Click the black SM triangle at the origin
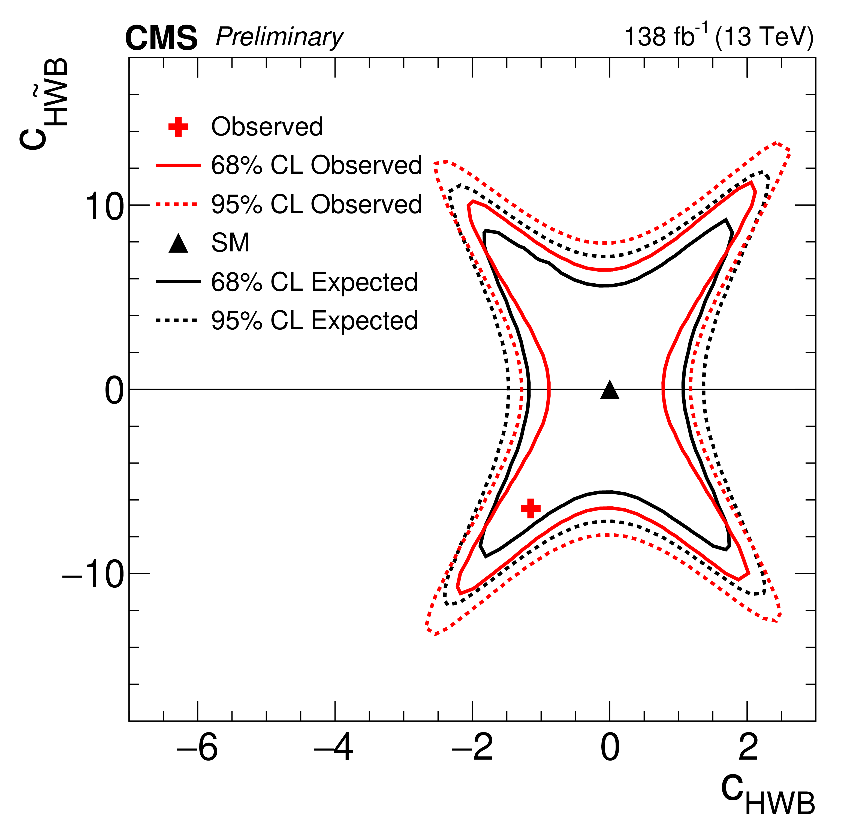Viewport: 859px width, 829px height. tap(610, 391)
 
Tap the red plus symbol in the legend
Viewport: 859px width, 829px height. tap(178, 127)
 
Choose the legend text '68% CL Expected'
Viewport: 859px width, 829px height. tap(314, 282)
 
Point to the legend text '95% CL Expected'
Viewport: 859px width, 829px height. tap(314, 320)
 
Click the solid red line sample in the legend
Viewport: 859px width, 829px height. tap(178, 166)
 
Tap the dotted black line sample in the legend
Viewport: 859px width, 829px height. tap(177, 320)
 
